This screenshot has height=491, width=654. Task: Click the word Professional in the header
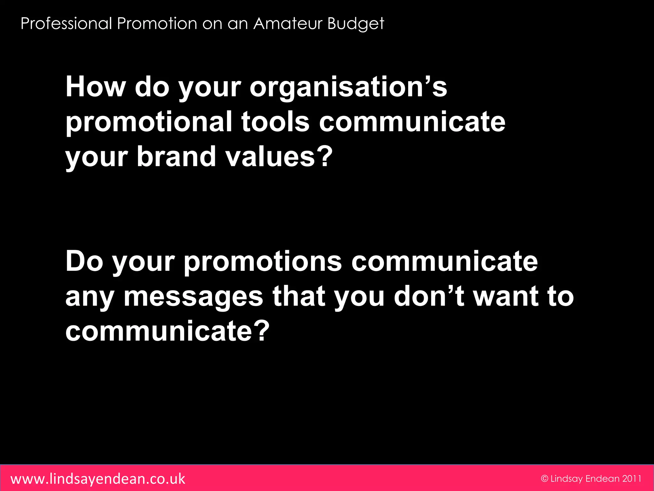coord(66,24)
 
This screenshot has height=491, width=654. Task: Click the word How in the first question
coord(95,87)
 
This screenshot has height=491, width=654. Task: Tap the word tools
coord(275,122)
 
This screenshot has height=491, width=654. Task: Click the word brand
coord(177,157)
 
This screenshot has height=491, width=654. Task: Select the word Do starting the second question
coord(84,261)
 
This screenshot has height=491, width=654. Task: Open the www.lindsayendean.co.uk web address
coord(98,479)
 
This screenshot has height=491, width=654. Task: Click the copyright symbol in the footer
coord(544,479)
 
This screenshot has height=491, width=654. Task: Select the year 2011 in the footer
coord(632,479)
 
